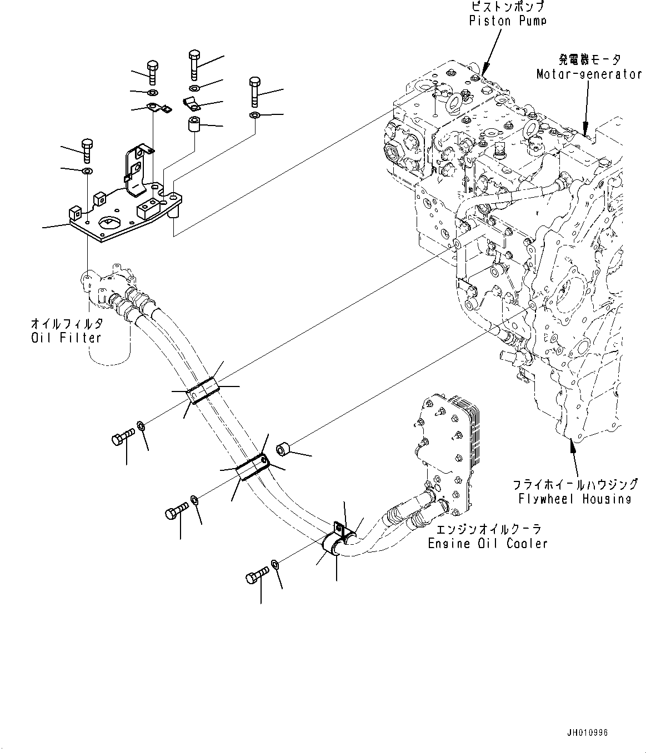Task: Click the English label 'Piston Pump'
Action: click(508, 21)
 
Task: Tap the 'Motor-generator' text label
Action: click(589, 74)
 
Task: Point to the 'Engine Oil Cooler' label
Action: click(487, 543)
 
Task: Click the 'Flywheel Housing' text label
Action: click(575, 499)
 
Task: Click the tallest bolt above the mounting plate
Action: click(194, 64)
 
